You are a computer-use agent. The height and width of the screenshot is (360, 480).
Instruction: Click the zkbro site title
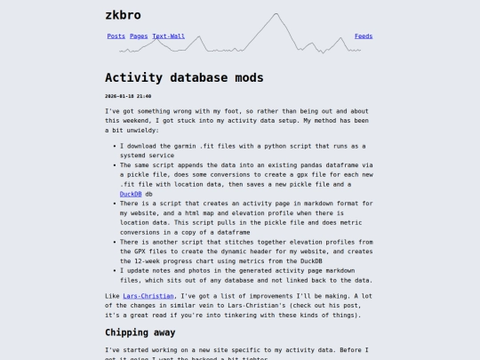click(123, 15)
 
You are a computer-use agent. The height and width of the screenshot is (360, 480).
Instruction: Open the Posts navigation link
click(116, 36)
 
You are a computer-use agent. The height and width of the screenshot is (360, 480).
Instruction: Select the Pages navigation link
click(139, 36)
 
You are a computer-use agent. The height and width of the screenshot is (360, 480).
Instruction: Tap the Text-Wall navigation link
click(168, 36)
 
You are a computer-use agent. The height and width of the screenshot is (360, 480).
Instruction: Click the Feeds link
click(364, 36)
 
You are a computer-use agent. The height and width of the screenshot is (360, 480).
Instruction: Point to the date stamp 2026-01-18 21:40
click(128, 96)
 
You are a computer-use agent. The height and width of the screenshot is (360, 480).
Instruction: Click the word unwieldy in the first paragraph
click(140, 130)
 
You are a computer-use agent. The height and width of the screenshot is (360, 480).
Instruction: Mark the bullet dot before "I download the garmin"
click(113, 145)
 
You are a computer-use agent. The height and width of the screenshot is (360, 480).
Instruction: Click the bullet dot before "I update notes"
click(113, 270)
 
